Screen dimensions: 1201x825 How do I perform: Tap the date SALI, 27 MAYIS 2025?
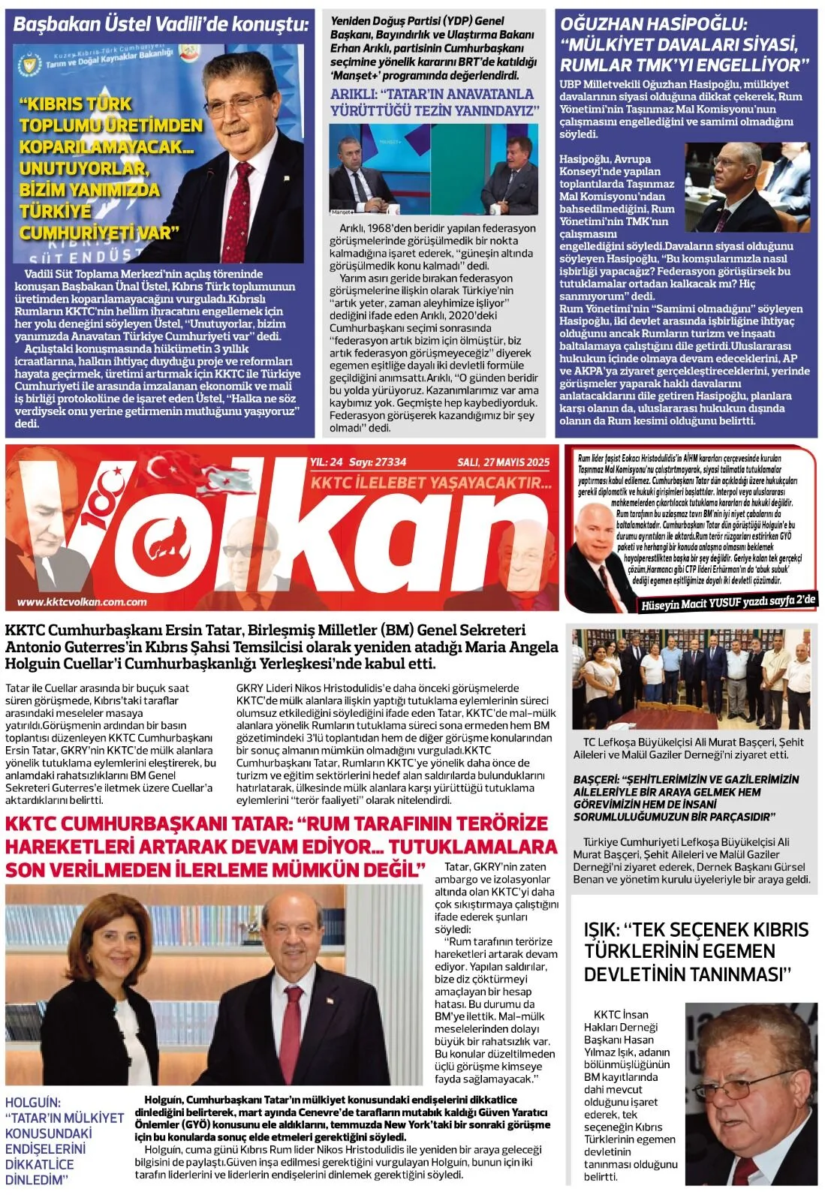pyautogui.click(x=503, y=462)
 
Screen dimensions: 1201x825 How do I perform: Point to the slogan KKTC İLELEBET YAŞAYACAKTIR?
pyautogui.click(x=431, y=483)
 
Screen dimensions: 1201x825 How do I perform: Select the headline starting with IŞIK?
pyautogui.click(x=696, y=951)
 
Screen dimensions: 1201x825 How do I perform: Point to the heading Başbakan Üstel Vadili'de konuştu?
pyautogui.click(x=161, y=24)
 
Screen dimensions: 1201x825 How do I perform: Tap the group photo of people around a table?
pyautogui.click(x=691, y=680)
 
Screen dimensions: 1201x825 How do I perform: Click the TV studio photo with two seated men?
pyautogui.click(x=434, y=170)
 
